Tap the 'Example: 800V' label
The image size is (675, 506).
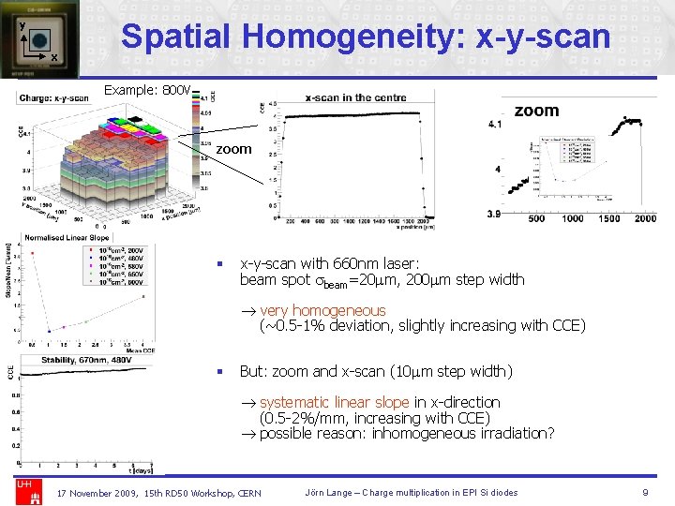(x=148, y=91)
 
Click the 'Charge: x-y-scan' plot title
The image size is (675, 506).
(x=53, y=97)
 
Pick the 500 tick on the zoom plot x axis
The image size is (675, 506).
(x=536, y=218)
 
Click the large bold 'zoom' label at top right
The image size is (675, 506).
(x=536, y=111)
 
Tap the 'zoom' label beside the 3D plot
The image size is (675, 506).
(x=233, y=149)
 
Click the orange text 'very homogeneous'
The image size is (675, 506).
(x=322, y=310)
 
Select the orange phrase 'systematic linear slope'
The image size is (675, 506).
(x=335, y=402)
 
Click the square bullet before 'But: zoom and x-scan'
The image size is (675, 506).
(x=218, y=372)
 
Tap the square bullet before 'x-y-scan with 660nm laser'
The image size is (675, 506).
(x=218, y=265)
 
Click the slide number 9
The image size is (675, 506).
(x=645, y=492)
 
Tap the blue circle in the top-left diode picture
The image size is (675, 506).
(x=39, y=40)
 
